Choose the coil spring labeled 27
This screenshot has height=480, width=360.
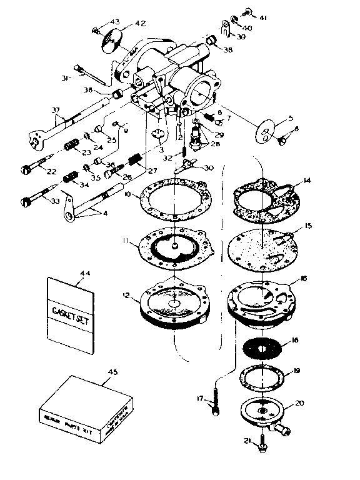click(132, 162)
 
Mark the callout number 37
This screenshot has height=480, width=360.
click(57, 111)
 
